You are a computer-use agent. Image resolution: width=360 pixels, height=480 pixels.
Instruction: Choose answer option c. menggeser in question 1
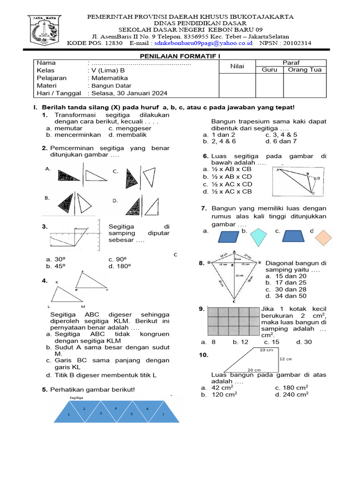coord(127,128)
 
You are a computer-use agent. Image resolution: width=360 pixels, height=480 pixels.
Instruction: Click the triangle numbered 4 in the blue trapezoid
coord(115,409)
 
